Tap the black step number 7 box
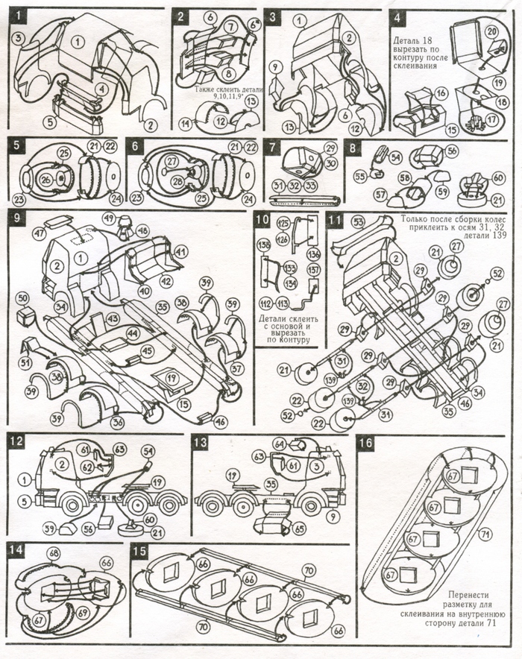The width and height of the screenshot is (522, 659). click(x=274, y=146)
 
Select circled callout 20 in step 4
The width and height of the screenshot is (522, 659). click(x=491, y=31)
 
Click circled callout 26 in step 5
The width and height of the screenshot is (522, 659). click(x=46, y=179)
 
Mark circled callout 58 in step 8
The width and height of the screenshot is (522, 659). click(x=404, y=178)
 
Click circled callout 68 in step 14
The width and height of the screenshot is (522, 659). click(x=53, y=554)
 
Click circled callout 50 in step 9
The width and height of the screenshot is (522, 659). click(x=23, y=297)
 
